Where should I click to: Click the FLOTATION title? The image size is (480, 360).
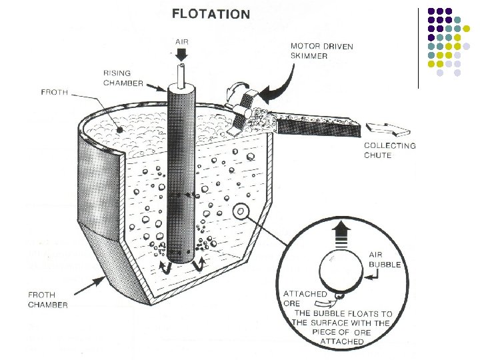211,13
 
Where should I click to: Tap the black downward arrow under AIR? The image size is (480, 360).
183,53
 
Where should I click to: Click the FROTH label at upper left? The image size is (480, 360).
54,93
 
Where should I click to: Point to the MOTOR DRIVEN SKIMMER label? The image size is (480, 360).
322,51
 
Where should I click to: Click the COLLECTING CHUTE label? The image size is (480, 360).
389,150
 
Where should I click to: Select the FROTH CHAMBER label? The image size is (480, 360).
47,299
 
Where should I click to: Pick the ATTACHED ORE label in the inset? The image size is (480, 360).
305,298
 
